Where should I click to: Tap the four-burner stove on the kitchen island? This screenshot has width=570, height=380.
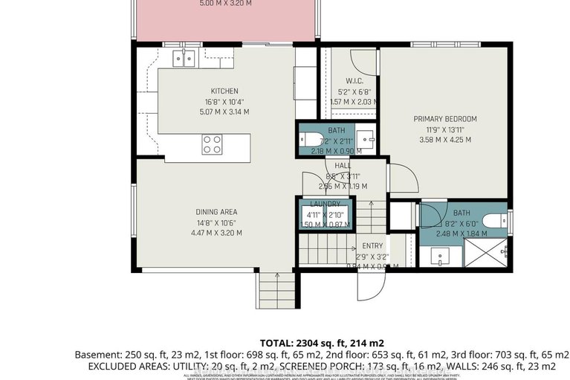click(212, 143)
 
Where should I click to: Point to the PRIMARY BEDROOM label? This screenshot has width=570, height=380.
click(444, 119)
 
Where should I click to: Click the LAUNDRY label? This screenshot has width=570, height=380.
click(325, 204)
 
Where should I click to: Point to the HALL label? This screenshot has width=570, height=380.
click(343, 167)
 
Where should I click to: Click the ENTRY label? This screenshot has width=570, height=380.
click(372, 246)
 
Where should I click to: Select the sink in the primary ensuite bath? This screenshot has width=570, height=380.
click(438, 257)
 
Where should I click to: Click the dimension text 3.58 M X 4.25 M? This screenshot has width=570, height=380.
click(444, 140)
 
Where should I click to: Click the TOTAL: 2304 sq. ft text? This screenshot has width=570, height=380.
click(317, 343)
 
